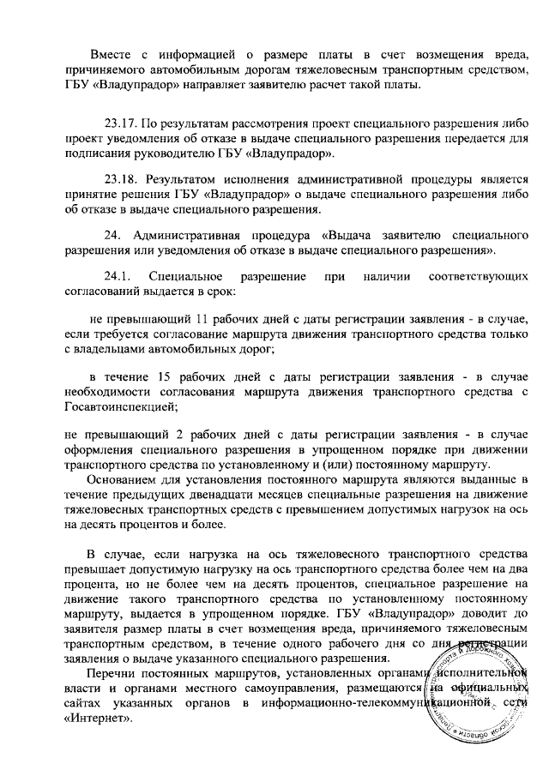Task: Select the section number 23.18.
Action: point(120,181)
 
